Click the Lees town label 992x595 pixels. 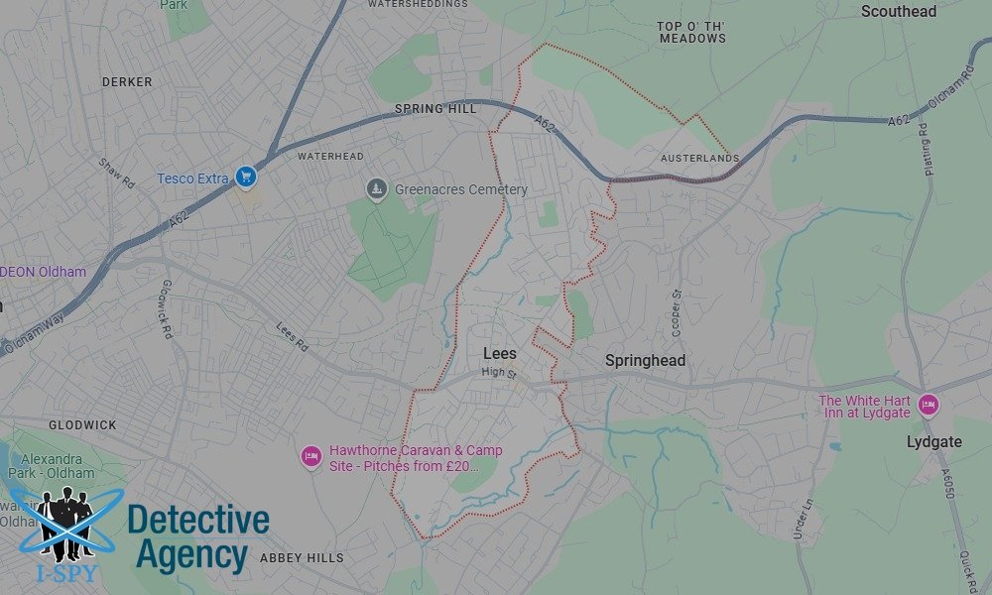pyautogui.click(x=500, y=353)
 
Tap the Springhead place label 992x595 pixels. pyautogui.click(x=645, y=361)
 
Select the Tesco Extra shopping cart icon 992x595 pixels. pyautogui.click(x=246, y=178)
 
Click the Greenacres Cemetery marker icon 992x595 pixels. pyautogui.click(x=376, y=188)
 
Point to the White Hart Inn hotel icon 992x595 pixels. pyautogui.click(x=928, y=405)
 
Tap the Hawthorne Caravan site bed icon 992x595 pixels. pyautogui.click(x=310, y=456)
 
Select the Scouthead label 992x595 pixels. pyautogui.click(x=899, y=12)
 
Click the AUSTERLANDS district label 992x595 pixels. pyautogui.click(x=700, y=159)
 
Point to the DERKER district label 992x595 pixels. pyautogui.click(x=127, y=82)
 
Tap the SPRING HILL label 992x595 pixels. pyautogui.click(x=435, y=109)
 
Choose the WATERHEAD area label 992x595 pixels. pyautogui.click(x=330, y=157)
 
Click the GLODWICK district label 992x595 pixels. pyautogui.click(x=82, y=424)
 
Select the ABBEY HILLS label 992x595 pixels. pyautogui.click(x=302, y=558)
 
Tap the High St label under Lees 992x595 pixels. pyautogui.click(x=499, y=372)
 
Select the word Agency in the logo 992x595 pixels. pyautogui.click(x=191, y=555)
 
